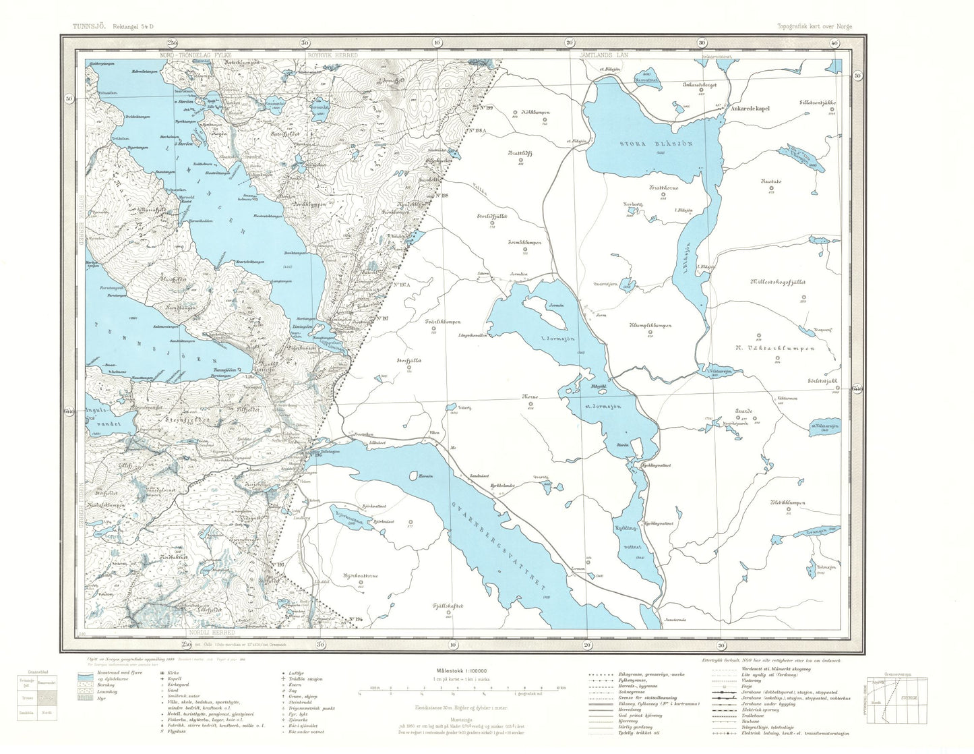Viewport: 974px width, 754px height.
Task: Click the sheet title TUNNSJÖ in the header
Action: click(x=90, y=26)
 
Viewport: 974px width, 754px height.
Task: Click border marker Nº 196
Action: click(x=317, y=455)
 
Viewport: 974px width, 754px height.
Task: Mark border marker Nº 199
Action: click(x=485, y=108)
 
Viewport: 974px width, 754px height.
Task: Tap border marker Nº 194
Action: click(x=356, y=619)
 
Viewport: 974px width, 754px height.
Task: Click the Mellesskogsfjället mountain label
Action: click(x=777, y=283)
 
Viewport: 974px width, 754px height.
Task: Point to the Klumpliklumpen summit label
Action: click(x=650, y=326)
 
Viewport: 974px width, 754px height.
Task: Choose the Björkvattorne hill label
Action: click(x=361, y=577)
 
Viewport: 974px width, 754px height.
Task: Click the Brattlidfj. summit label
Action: click(x=520, y=153)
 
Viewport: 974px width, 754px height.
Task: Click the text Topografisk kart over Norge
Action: click(x=814, y=26)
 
